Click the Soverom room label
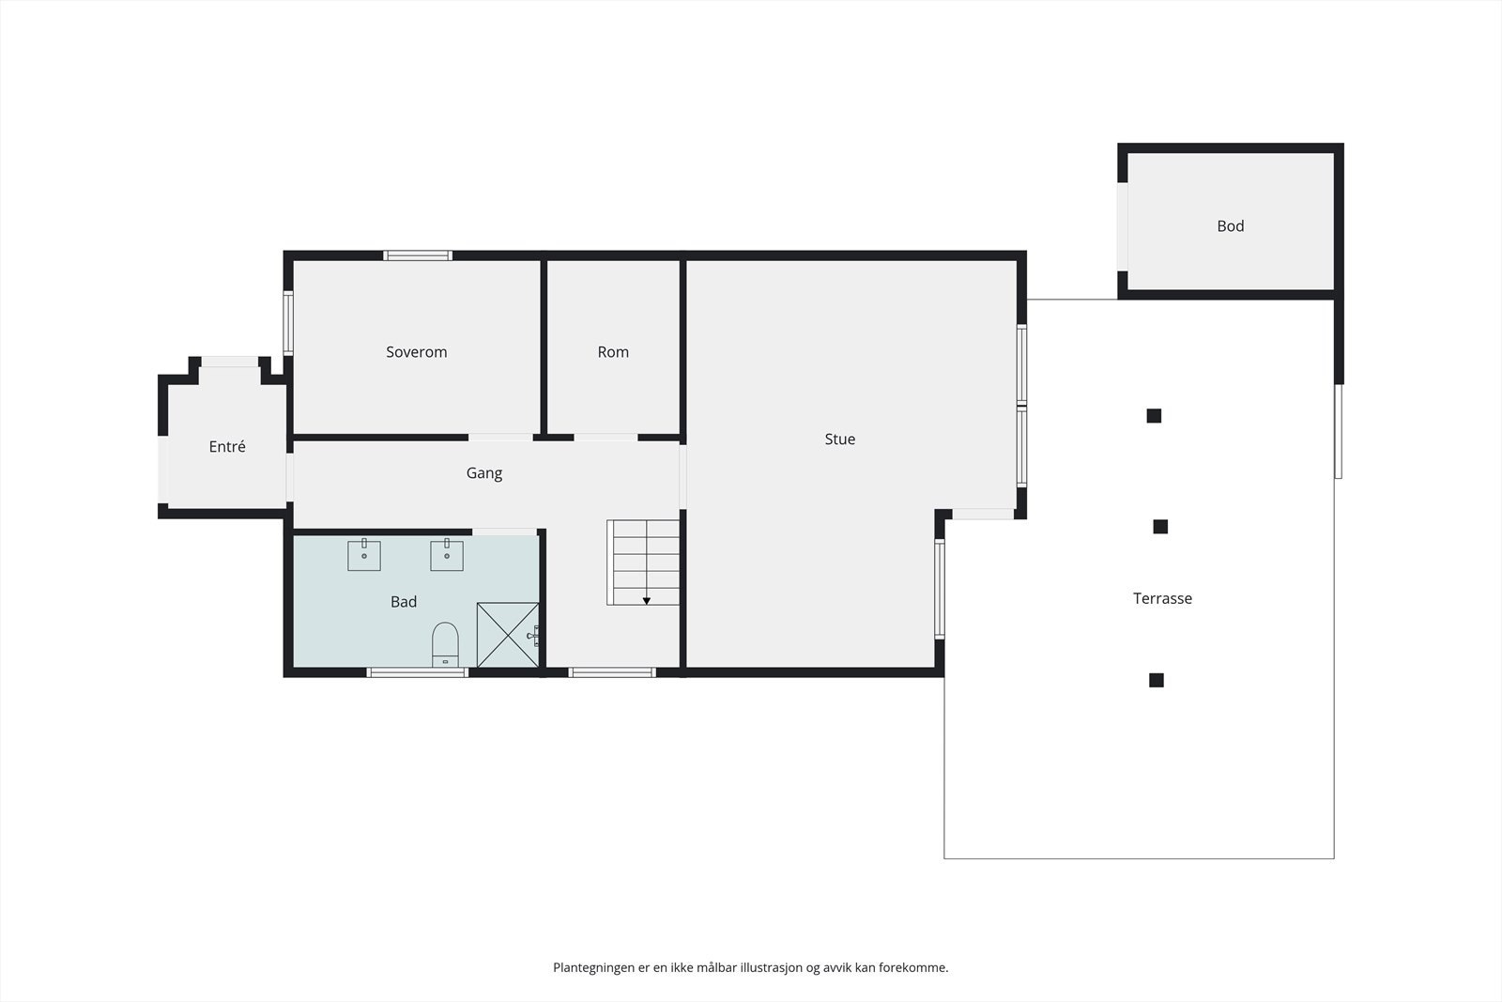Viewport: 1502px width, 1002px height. [417, 352]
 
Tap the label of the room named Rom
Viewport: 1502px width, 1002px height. [613, 352]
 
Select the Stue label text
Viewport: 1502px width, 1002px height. [839, 439]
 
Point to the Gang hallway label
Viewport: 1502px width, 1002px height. [484, 473]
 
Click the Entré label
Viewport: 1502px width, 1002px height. [227, 447]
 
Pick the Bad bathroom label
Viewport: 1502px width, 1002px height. [404, 602]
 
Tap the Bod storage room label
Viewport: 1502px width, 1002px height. [1230, 226]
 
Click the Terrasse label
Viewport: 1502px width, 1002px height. [1162, 598]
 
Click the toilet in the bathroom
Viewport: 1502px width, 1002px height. [445, 643]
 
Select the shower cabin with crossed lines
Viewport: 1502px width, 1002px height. [508, 635]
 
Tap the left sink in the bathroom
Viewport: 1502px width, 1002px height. [364, 555]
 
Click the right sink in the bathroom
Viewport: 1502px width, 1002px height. [447, 555]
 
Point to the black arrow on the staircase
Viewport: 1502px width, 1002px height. [647, 601]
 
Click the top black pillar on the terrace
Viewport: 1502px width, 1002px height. [1154, 416]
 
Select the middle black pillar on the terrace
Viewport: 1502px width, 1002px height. [1160, 527]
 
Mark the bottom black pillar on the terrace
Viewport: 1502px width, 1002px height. [1157, 680]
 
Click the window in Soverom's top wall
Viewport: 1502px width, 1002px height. [418, 255]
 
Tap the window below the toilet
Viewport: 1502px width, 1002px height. [418, 672]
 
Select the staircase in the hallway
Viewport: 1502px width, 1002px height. [643, 562]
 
